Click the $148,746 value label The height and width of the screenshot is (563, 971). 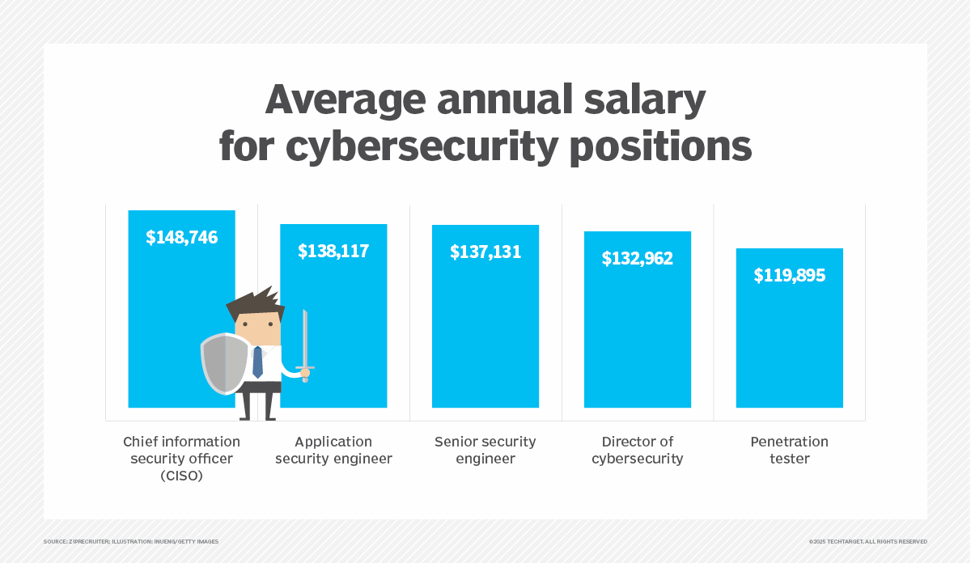181,237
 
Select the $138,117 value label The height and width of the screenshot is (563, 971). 333,251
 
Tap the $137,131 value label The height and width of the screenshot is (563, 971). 485,252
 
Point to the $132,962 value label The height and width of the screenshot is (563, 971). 638,259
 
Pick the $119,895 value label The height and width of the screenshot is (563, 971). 790,275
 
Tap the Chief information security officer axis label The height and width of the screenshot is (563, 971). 181,459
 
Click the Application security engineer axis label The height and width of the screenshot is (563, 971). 333,451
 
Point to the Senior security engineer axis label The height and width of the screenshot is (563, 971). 485,451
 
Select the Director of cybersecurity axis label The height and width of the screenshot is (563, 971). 638,451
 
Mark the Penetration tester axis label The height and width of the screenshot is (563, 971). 790,451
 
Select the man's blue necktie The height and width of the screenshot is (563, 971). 257,363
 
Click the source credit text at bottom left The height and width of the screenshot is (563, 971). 131,541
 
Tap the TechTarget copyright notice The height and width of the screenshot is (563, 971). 867,541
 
